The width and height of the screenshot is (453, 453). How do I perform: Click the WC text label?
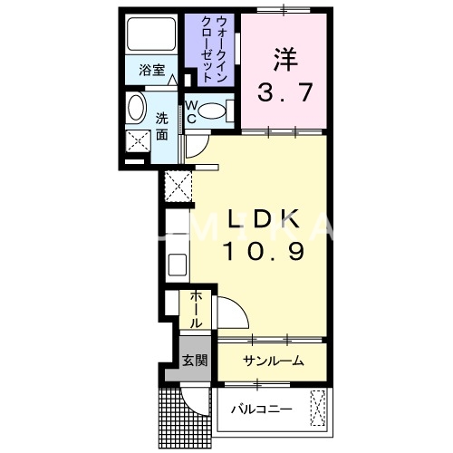(x=191, y=111)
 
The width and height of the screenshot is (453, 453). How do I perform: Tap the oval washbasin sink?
(x=135, y=109)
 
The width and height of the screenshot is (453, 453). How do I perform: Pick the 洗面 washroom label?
(x=160, y=126)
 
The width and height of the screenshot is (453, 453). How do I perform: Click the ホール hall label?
(x=196, y=309)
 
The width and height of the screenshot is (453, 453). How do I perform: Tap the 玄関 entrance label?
(x=195, y=360)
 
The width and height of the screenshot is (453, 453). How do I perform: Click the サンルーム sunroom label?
(x=272, y=361)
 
